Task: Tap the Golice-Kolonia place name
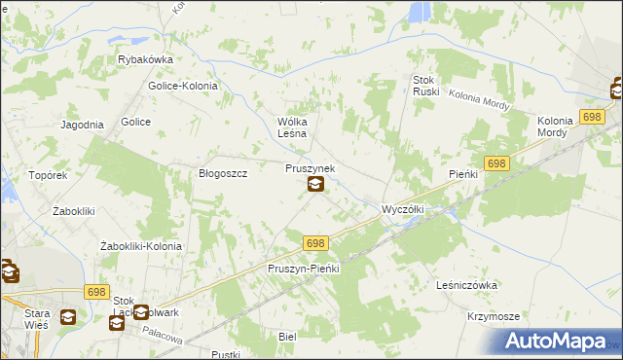[x=182, y=86]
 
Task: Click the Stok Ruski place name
[x=426, y=86]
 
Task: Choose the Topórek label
[x=47, y=176]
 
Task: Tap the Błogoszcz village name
[x=224, y=173]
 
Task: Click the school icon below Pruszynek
[x=315, y=185]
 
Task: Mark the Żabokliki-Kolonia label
[x=141, y=246]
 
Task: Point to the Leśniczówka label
[x=468, y=285]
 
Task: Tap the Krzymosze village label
[x=493, y=317]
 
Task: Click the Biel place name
[x=286, y=335]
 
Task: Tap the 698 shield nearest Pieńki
[x=496, y=165]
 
